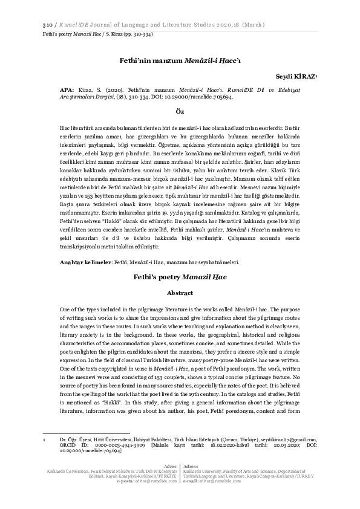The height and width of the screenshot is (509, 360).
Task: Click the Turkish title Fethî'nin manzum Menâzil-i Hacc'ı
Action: [179, 61]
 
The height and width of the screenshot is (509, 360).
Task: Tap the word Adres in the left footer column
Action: [171, 482]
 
